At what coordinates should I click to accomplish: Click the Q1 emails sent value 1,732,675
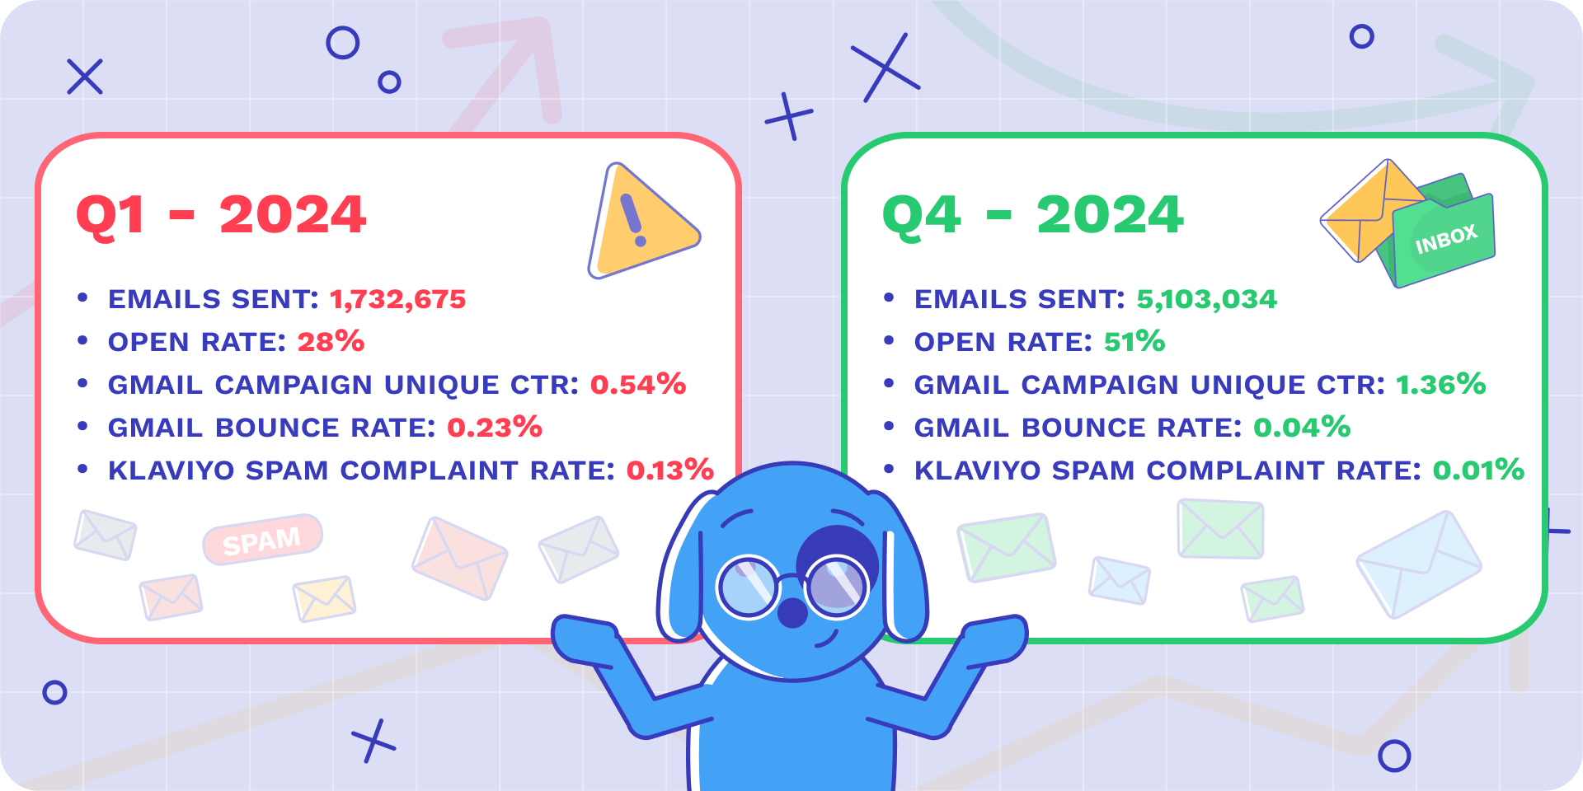398,299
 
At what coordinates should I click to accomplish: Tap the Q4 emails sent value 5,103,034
1206,299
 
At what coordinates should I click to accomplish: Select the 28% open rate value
331,341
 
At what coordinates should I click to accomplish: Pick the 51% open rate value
1134,341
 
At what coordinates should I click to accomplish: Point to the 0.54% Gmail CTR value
638,384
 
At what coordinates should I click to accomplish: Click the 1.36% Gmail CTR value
1440,384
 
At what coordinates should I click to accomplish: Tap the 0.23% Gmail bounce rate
495,427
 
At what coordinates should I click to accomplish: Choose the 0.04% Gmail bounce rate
1302,427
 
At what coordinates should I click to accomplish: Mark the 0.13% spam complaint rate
669,470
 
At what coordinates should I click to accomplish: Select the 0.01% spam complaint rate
1478,470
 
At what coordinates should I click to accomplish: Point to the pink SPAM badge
262,541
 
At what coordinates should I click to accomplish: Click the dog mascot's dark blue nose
792,612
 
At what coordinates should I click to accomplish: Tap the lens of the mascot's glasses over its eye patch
837,587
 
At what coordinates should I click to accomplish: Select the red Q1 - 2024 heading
221,215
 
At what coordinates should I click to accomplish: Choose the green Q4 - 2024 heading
1032,215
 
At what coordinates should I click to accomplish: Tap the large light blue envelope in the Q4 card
1419,564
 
